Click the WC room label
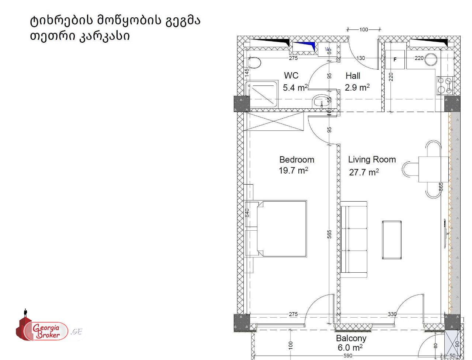[x=291, y=76]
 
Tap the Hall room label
[x=353, y=76]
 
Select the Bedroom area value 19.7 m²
[x=294, y=171]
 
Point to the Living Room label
[x=372, y=160]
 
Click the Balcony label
[x=351, y=338]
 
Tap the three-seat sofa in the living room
[x=354, y=239]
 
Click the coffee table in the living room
[x=392, y=240]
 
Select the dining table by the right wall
[x=433, y=169]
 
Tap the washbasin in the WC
[x=319, y=102]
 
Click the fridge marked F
[x=395, y=59]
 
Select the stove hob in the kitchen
[x=445, y=85]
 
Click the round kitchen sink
[x=431, y=59]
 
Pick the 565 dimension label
[x=330, y=234]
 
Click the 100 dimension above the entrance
[x=364, y=29]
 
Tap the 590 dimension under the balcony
[x=347, y=356]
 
